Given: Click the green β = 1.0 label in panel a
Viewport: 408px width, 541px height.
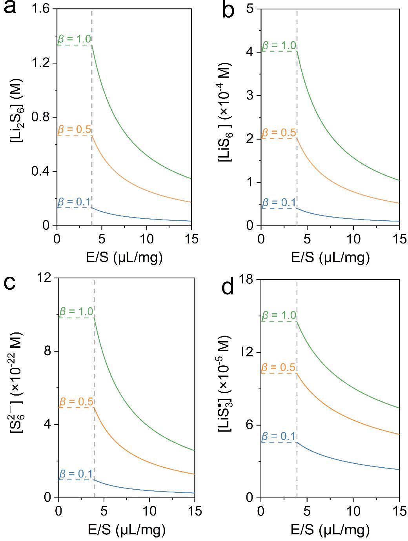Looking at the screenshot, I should point(75,39).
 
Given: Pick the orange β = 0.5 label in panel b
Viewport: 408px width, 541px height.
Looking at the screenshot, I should point(279,133).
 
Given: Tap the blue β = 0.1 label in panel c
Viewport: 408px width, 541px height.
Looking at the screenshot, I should point(76,474).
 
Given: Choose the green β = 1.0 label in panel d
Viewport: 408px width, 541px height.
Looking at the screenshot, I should point(279,316).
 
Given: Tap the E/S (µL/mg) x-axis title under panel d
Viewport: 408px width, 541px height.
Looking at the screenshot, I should point(330,530).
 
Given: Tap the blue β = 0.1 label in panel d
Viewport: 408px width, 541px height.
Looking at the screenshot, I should point(279,436).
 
